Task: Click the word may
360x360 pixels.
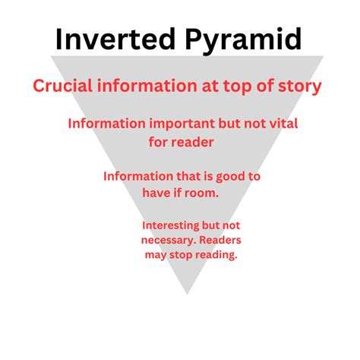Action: (155, 256)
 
